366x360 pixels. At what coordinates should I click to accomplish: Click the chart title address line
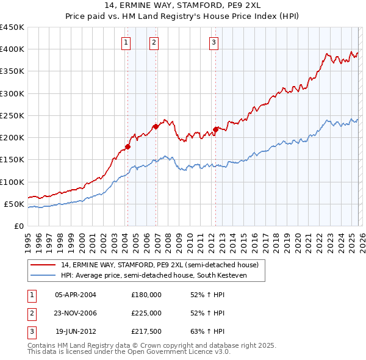(x=183, y=7)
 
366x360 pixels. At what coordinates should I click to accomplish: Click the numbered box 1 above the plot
(x=126, y=42)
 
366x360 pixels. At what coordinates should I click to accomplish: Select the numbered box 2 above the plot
(x=154, y=42)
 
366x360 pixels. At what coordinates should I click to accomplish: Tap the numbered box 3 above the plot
(x=214, y=42)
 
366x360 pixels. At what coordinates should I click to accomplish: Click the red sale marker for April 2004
(x=127, y=146)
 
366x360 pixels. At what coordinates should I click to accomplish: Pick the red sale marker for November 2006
(x=156, y=127)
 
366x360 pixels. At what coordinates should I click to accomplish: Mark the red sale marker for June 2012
(x=215, y=129)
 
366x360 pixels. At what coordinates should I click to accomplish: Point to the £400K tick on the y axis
(x=12, y=49)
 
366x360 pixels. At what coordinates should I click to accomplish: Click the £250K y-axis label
(x=12, y=115)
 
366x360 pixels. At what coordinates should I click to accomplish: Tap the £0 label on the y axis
(x=18, y=226)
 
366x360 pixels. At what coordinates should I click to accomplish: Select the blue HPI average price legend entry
(x=152, y=275)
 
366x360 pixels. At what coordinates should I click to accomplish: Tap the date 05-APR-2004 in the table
(x=76, y=294)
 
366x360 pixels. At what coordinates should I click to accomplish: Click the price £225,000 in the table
(x=146, y=313)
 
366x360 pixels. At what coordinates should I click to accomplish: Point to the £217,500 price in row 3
(x=146, y=331)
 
